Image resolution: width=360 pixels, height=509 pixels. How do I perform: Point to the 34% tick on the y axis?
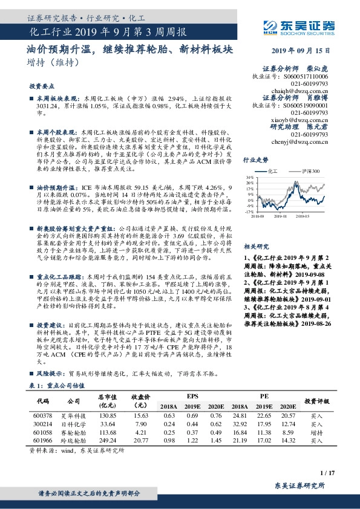pos(249,178)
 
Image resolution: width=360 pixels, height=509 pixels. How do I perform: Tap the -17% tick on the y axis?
pos(248,212)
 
